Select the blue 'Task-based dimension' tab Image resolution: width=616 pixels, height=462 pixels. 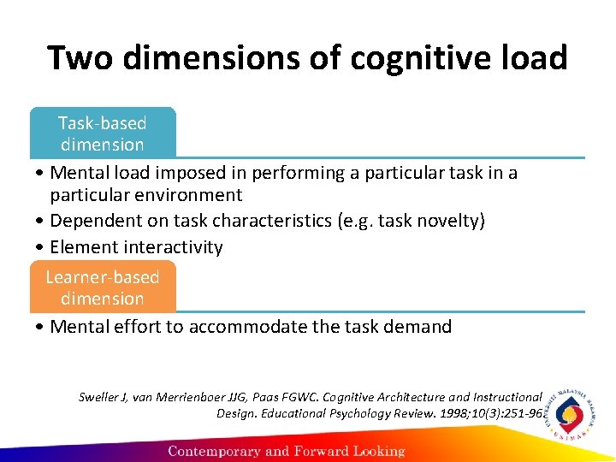point(103,133)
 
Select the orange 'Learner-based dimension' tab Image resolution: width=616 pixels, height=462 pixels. point(103,287)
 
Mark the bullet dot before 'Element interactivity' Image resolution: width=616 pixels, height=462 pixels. point(42,248)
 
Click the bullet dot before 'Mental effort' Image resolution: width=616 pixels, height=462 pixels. point(42,327)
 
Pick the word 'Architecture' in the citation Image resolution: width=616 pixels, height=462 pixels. point(447,397)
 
